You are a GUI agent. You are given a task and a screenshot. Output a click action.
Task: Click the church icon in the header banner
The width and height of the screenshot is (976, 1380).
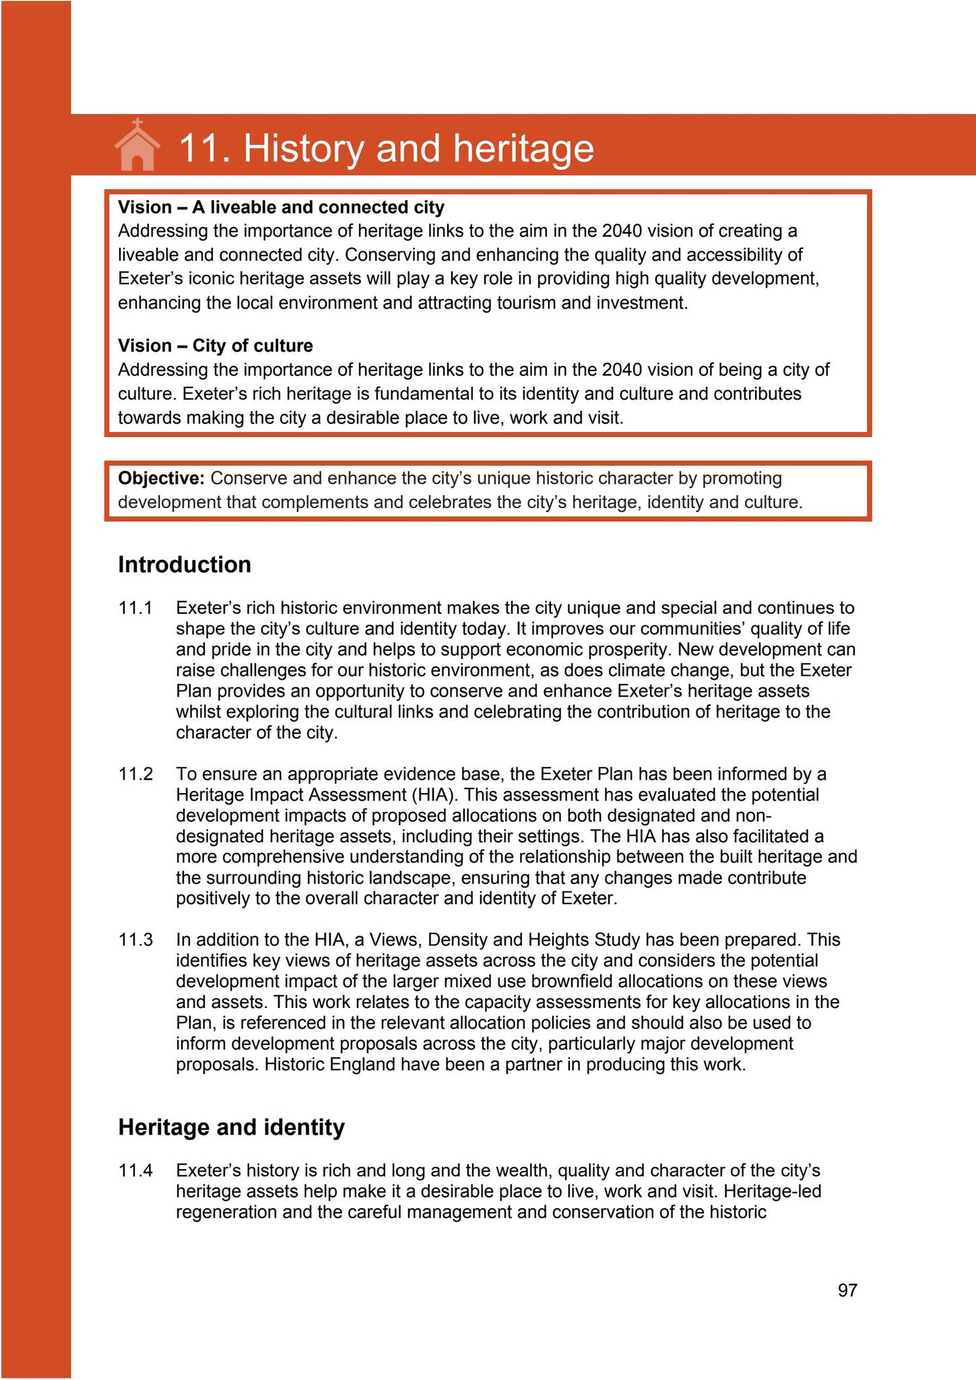tap(137, 145)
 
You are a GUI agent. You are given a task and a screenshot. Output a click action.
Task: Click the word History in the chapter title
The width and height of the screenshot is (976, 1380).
tap(302, 148)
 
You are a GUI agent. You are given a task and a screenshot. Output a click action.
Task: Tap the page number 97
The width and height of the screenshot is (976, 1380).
tap(847, 1290)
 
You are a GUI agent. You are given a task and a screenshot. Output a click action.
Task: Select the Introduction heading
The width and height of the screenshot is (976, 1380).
tap(185, 565)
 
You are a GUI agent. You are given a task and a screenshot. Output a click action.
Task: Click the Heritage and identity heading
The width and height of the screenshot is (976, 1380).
tap(231, 1127)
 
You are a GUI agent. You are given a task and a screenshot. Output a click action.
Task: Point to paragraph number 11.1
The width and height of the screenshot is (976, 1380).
tap(135, 608)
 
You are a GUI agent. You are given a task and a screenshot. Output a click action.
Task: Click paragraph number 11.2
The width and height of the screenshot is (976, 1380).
tap(135, 774)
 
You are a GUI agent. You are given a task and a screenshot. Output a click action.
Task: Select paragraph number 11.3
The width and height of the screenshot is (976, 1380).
tap(135, 939)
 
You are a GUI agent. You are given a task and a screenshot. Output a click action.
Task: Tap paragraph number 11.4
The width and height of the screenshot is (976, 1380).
tap(135, 1170)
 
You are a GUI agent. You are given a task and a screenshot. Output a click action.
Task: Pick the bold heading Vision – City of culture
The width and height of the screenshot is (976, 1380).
tap(216, 346)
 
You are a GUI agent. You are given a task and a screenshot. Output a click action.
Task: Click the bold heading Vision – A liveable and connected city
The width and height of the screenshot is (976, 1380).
tap(281, 207)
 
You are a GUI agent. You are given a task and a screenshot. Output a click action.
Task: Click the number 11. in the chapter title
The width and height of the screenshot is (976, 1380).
tap(205, 148)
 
